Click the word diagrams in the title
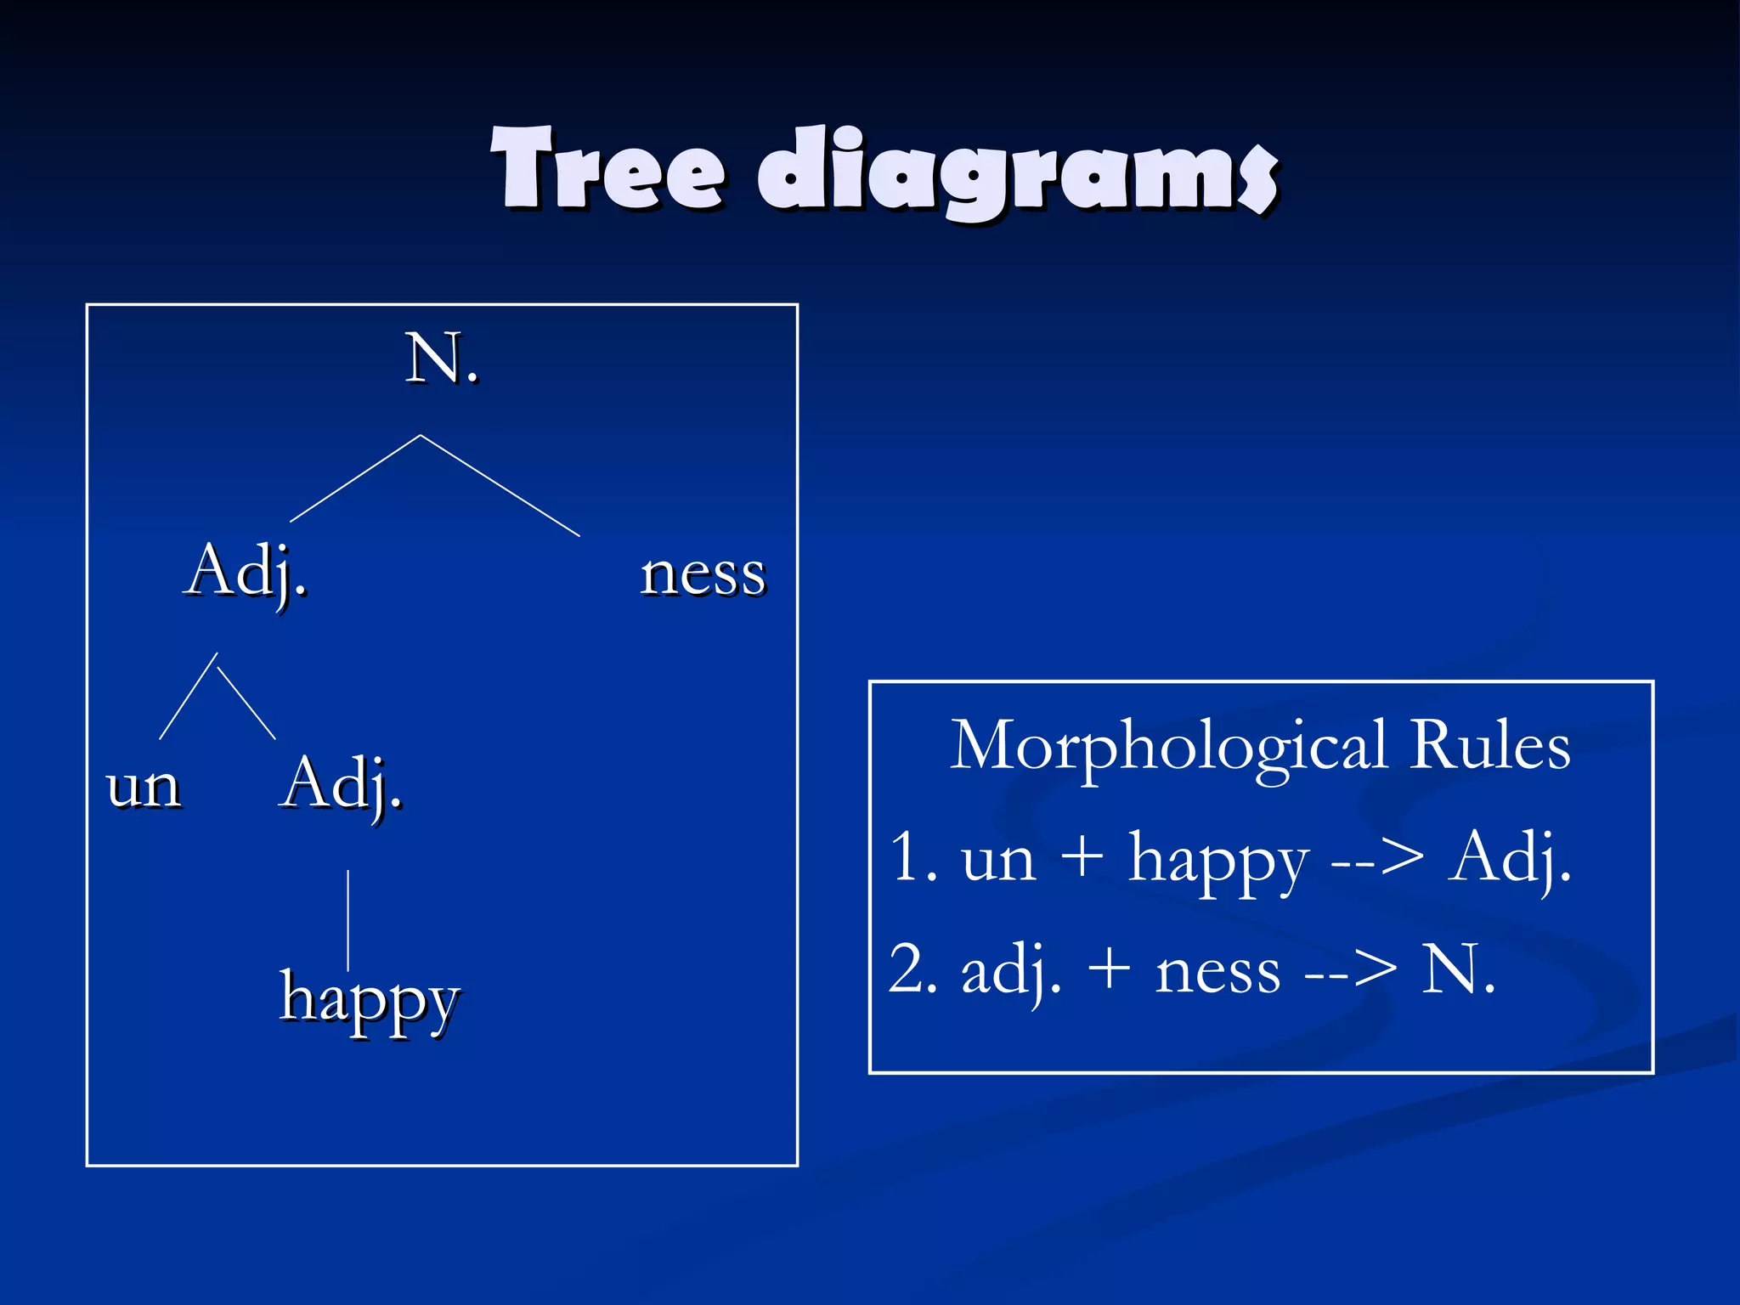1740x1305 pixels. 1017,172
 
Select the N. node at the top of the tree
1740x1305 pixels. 441,359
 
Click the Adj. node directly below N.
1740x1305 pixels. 245,572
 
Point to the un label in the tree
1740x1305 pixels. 144,786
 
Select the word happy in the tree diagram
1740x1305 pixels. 370,999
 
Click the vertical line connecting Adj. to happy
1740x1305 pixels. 348,918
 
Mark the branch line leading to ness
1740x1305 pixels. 501,486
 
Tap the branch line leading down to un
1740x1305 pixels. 188,697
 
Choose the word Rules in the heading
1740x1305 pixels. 1489,746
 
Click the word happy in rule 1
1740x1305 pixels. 1217,861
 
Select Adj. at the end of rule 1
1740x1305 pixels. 1510,858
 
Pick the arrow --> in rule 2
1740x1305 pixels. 1351,971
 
